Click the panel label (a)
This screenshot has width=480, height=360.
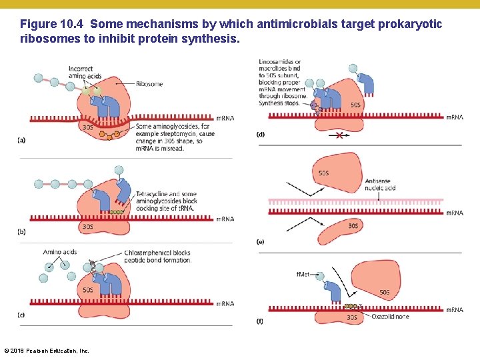[x=22, y=141]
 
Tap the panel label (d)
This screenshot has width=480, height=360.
[x=261, y=135]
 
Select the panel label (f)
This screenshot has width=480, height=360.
[x=260, y=322]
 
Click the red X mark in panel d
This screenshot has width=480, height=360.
[x=340, y=135]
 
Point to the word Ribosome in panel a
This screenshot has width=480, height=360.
[x=149, y=84]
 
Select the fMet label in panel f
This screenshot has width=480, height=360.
[x=303, y=274]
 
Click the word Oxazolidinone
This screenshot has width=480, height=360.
[x=391, y=317]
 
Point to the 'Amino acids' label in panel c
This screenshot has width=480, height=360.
[x=60, y=253]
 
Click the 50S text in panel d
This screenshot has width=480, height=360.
[x=357, y=105]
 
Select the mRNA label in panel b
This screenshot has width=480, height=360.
[x=225, y=219]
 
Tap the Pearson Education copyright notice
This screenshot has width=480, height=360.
[x=46, y=351]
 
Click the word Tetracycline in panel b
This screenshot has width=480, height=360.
[x=154, y=194]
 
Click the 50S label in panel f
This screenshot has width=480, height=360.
[x=385, y=292]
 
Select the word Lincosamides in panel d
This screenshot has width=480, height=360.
[x=277, y=62]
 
